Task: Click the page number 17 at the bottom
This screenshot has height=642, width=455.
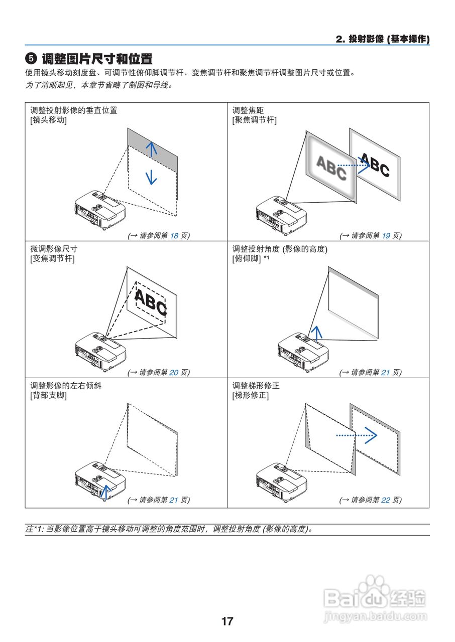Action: click(227, 621)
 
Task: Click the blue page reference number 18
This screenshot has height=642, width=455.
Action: click(174, 235)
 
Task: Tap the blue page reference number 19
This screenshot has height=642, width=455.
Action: click(386, 235)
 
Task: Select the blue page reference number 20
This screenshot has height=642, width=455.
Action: click(174, 372)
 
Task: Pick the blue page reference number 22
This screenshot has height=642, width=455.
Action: click(386, 500)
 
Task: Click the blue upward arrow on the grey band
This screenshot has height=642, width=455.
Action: click(151, 147)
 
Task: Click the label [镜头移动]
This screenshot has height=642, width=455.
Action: click(49, 120)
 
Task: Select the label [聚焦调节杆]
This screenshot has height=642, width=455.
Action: click(254, 120)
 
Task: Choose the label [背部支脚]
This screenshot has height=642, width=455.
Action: click(49, 395)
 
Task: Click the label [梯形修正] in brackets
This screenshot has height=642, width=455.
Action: click(250, 395)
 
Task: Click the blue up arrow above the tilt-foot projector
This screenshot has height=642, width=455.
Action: click(315, 332)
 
